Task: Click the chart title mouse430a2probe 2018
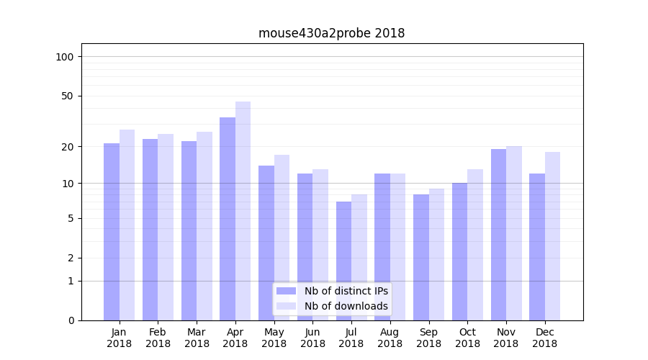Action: pos(331,33)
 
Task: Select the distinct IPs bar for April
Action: pos(228,219)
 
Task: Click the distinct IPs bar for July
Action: pos(343,261)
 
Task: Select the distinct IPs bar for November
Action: pos(498,235)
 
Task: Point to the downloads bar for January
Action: pos(127,225)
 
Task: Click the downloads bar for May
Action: pos(282,238)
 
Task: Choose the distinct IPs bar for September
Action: pos(421,257)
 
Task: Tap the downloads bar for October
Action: pos(474,245)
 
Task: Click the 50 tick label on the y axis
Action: pos(68,96)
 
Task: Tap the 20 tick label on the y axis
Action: pos(68,147)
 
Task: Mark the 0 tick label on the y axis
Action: pos(71,320)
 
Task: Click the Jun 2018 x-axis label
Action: pos(312,338)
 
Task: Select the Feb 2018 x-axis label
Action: pos(158,338)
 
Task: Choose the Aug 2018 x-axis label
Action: pos(390,338)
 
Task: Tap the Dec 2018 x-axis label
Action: pos(544,338)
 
